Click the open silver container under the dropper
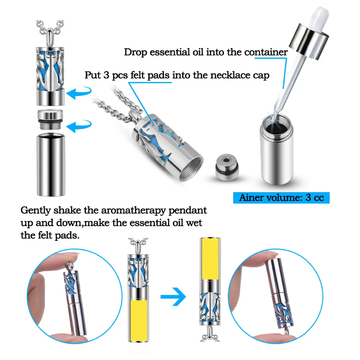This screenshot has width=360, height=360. point(276,150)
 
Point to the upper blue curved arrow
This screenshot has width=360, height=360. point(79,92)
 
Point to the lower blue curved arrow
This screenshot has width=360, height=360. point(79,125)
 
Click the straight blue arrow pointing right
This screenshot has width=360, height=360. point(173,297)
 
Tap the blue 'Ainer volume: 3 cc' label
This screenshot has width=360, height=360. point(281,198)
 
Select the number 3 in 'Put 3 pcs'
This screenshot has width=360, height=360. point(106,75)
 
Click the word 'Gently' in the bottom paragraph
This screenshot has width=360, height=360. point(36,211)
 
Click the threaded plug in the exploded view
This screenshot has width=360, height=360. point(50,119)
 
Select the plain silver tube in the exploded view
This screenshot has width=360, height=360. point(51,165)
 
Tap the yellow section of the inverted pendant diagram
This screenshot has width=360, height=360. point(210,259)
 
